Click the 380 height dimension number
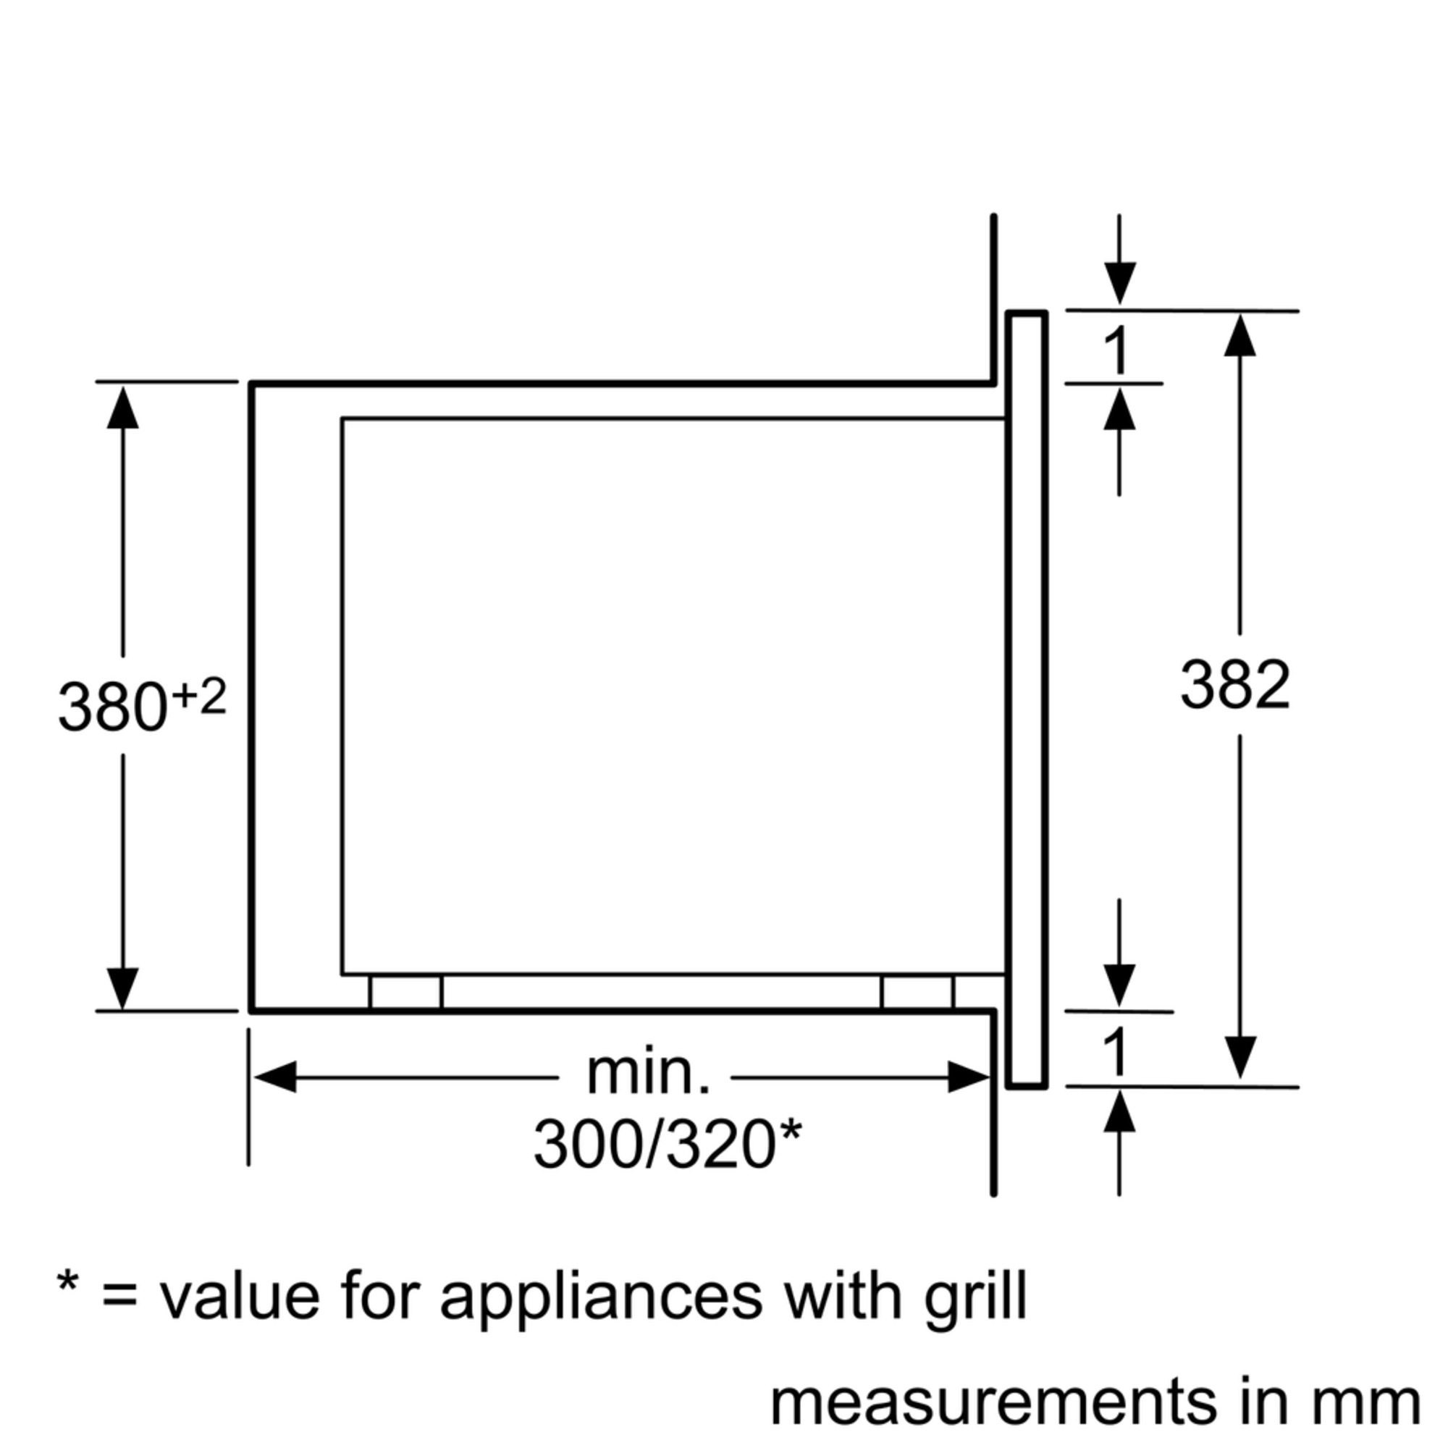pyautogui.click(x=111, y=707)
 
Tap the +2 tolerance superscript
pyautogui.click(x=198, y=697)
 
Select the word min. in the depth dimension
pyautogui.click(x=647, y=1073)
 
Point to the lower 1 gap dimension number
pyautogui.click(x=1116, y=1053)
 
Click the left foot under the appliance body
pyautogui.click(x=405, y=992)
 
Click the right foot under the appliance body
pyautogui.click(x=917, y=992)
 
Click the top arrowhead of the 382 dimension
pyautogui.click(x=1239, y=336)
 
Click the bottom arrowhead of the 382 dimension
pyautogui.click(x=1239, y=1057)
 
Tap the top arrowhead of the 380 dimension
pyautogui.click(x=123, y=408)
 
